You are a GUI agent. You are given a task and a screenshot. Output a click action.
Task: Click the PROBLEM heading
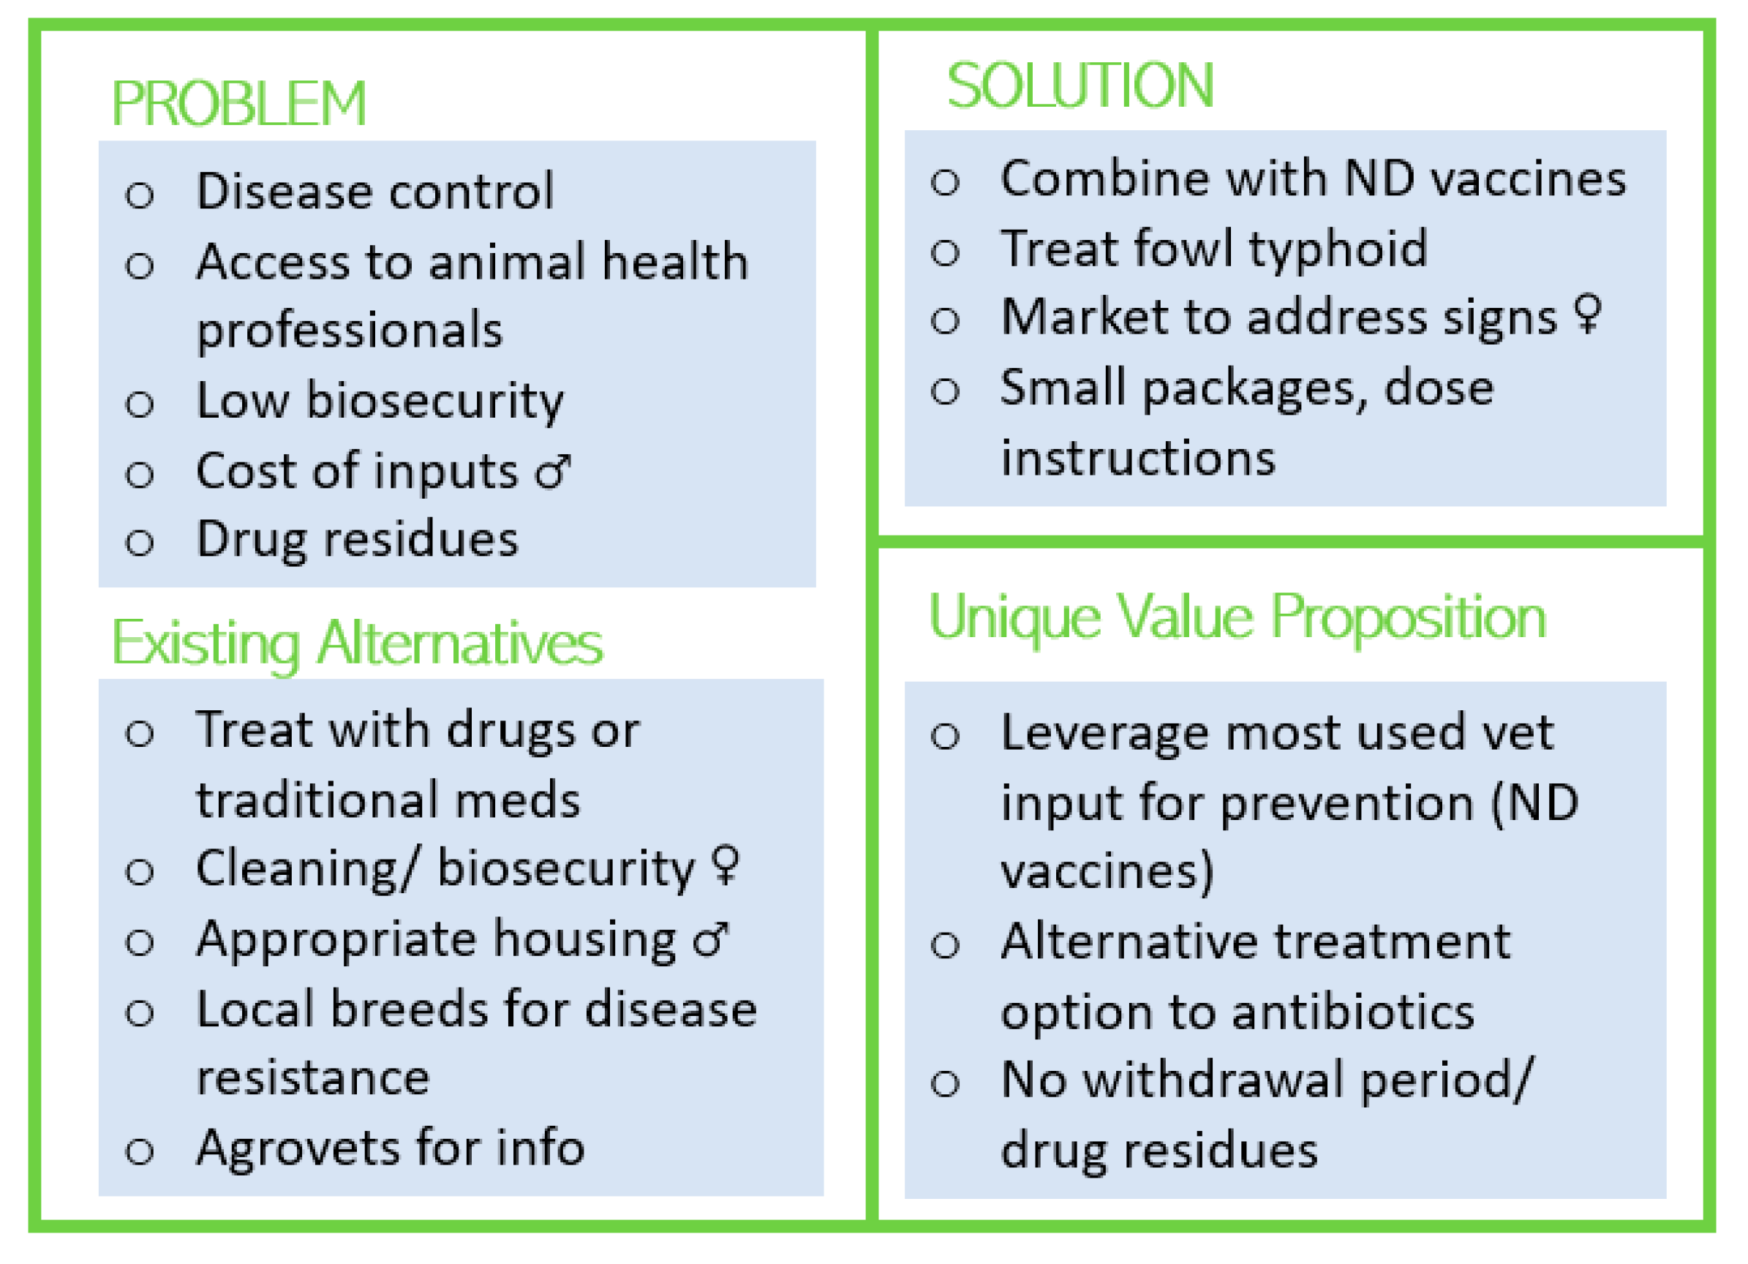(x=238, y=103)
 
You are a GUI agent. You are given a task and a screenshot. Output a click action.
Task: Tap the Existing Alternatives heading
(x=357, y=644)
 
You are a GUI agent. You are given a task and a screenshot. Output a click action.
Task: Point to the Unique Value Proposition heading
(x=1237, y=620)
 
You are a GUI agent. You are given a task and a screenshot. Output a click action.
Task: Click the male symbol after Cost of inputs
(x=554, y=472)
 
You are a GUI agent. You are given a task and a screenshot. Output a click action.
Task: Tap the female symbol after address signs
(x=1588, y=314)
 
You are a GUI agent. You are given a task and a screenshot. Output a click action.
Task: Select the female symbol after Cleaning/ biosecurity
(x=726, y=865)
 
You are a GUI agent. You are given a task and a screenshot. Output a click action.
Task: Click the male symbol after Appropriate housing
(x=710, y=939)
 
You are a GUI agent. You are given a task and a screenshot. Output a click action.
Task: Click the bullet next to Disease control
(x=140, y=195)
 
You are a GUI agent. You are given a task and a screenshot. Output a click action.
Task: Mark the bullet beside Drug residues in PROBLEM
(x=140, y=543)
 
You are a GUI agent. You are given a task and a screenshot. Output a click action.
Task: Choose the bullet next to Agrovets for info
(x=140, y=1152)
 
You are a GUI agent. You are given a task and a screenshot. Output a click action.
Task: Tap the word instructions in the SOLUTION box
(x=1137, y=459)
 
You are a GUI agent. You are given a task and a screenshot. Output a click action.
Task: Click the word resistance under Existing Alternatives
(x=313, y=1078)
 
